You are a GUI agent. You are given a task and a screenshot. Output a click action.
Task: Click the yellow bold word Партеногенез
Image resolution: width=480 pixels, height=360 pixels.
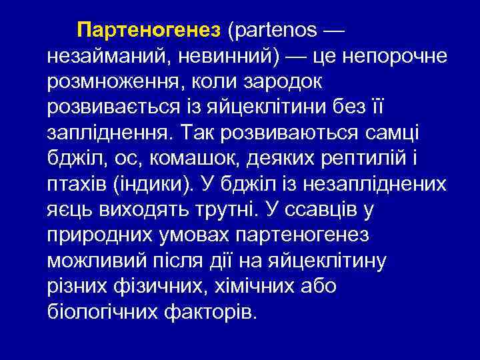click(x=148, y=31)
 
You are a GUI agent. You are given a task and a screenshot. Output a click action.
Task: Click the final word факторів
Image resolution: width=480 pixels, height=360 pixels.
click(x=214, y=310)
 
